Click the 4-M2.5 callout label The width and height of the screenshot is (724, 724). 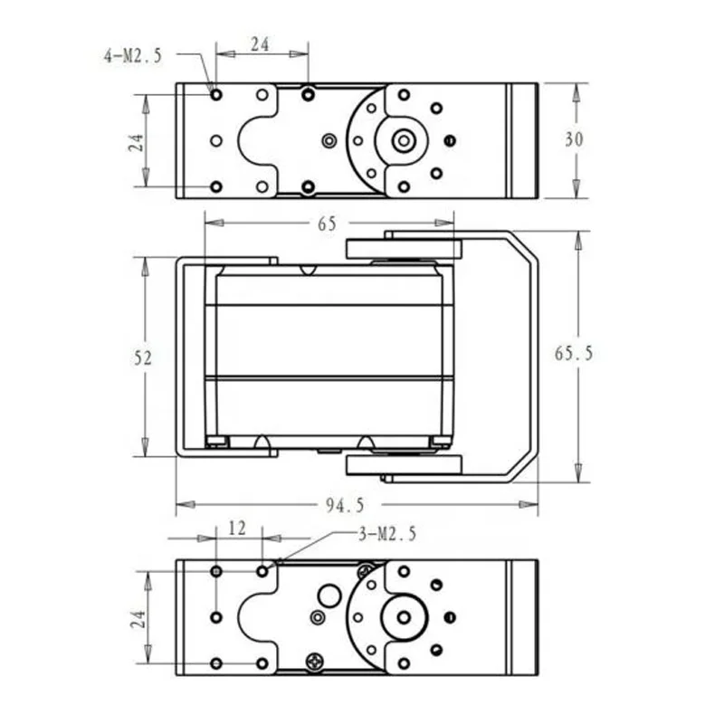[133, 56]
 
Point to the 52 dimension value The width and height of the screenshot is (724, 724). [141, 357]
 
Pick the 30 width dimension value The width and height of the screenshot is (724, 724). [574, 139]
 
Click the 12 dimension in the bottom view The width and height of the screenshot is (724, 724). [238, 527]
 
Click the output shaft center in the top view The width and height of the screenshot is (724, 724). [404, 140]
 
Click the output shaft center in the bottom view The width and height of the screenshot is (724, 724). [404, 617]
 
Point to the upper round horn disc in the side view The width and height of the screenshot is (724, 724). [404, 249]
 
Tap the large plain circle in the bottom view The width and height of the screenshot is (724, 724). [329, 595]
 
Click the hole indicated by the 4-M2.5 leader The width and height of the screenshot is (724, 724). [215, 94]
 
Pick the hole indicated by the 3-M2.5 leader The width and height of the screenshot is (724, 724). [262, 571]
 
